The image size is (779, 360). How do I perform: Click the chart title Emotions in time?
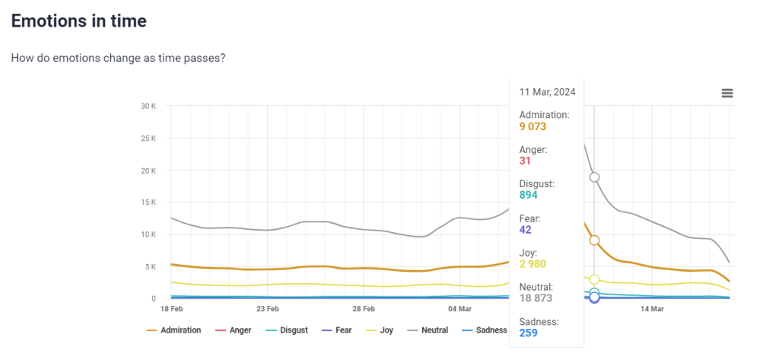click(79, 21)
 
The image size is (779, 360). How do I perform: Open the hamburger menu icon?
click(727, 93)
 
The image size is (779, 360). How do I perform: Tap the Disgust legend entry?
click(292, 330)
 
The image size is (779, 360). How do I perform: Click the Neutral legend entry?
click(433, 330)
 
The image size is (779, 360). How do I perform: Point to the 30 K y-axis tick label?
click(148, 106)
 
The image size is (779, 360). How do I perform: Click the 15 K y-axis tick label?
click(148, 202)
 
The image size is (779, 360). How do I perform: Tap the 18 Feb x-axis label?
click(172, 309)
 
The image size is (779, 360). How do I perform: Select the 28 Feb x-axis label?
click(364, 309)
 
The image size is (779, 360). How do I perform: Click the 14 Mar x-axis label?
click(652, 309)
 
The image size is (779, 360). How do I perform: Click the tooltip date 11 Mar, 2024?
click(547, 92)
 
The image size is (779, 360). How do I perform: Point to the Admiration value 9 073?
click(533, 127)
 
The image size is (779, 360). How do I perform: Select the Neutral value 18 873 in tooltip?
click(536, 298)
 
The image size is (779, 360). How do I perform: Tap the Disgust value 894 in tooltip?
click(528, 196)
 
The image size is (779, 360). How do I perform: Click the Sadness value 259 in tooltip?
click(528, 333)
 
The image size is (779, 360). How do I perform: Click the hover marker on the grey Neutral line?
click(594, 177)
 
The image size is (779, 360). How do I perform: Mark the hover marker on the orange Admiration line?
click(594, 241)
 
